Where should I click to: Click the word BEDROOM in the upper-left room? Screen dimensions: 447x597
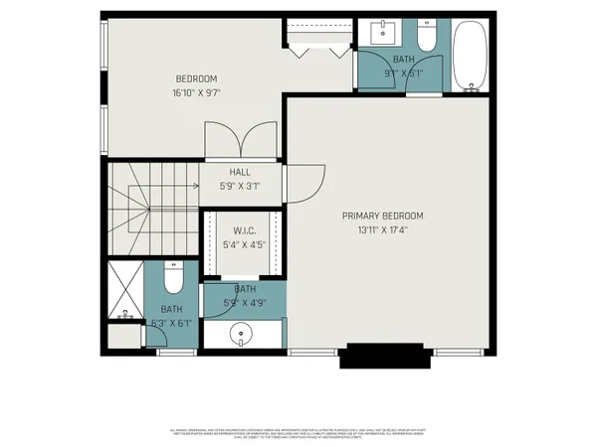(x=196, y=79)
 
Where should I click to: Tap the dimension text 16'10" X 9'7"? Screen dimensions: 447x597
(x=196, y=94)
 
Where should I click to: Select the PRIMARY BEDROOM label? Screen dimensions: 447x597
(x=383, y=216)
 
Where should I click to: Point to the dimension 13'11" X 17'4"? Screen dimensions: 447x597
(x=383, y=230)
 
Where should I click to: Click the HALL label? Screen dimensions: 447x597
(x=239, y=172)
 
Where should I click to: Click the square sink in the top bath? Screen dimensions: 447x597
(x=383, y=34)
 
